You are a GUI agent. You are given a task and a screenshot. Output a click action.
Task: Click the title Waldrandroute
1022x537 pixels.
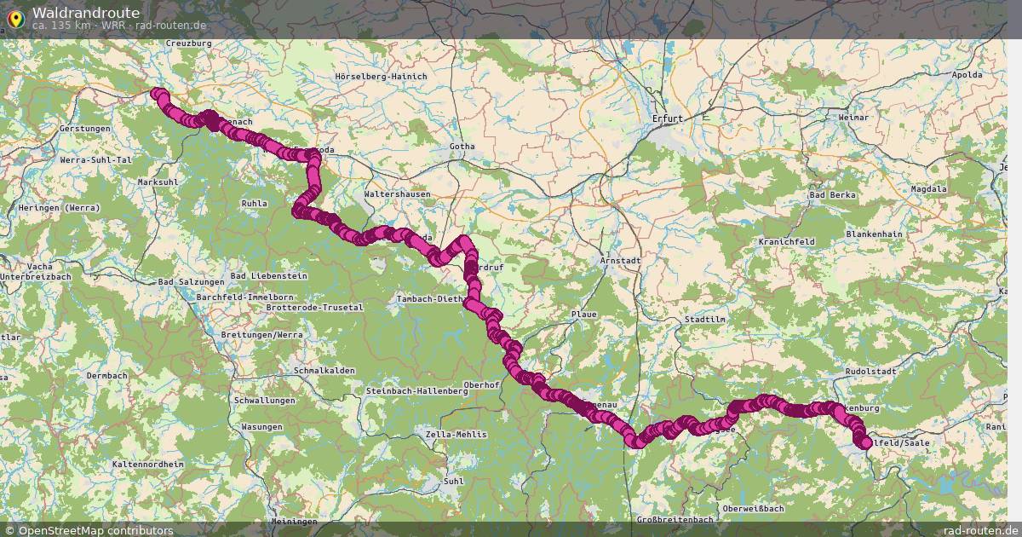[86, 13]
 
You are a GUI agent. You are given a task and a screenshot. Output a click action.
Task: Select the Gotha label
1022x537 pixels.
[462, 147]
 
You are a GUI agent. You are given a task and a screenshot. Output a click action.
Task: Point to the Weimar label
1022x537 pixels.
[853, 117]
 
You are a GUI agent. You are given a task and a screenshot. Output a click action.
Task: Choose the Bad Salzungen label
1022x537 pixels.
[191, 282]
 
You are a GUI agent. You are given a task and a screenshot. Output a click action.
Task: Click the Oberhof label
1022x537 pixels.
[481, 385]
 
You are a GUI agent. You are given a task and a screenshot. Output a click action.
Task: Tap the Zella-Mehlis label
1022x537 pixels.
[456, 435]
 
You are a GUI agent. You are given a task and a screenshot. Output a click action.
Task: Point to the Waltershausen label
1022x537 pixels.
[397, 194]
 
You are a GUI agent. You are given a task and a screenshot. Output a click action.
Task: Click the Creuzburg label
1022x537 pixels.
[188, 43]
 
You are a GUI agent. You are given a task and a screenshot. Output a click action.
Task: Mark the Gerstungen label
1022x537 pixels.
[85, 129]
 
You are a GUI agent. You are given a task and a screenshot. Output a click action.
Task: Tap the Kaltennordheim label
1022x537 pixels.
[147, 464]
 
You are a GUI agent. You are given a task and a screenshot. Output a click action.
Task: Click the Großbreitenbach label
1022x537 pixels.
[675, 520]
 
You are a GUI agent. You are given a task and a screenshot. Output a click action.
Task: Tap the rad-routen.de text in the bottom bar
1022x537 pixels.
[980, 530]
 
